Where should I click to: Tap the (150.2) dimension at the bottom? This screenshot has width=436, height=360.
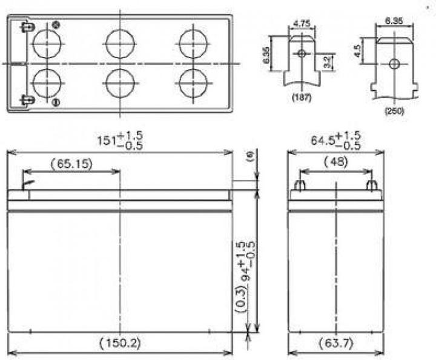tap(119, 343)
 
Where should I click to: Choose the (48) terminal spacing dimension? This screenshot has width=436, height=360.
tap(335, 162)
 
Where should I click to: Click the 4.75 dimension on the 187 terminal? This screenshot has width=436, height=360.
tap(302, 25)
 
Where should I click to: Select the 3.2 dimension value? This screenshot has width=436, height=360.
tap(328, 61)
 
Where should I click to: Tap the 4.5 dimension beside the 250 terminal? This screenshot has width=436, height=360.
tap(359, 49)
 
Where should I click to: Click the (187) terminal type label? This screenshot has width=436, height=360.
tap(300, 97)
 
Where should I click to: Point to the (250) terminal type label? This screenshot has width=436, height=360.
tap(394, 112)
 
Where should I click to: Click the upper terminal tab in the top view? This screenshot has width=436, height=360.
tap(26, 27)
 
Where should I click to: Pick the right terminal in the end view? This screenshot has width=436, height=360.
tap(372, 185)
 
